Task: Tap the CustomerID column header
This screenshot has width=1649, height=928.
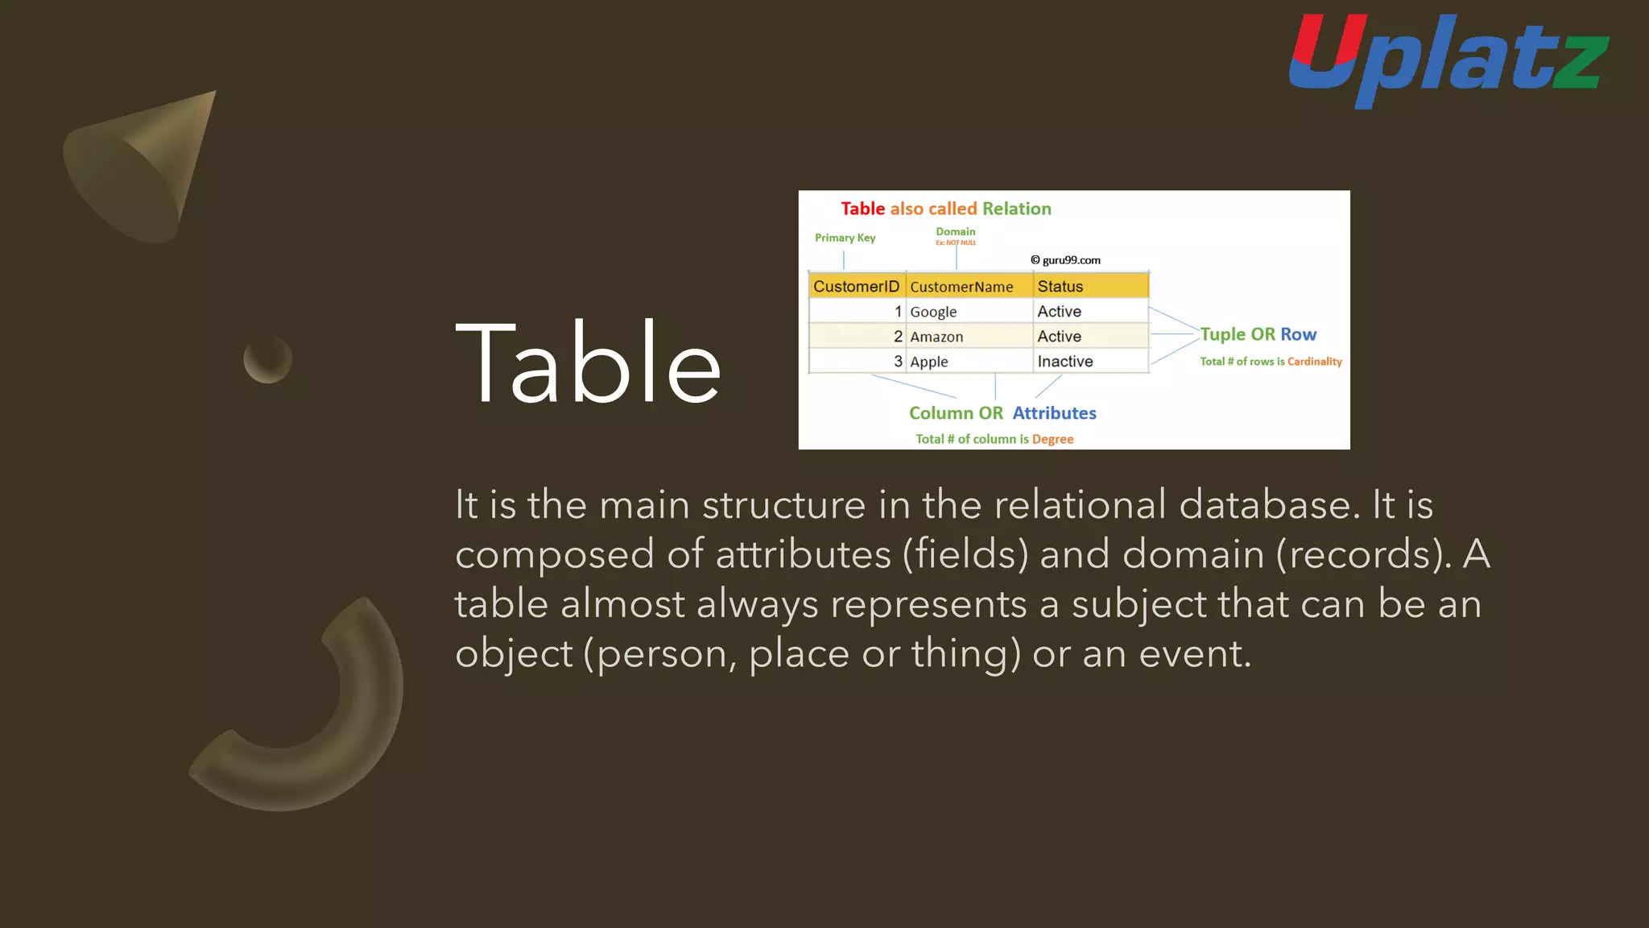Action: tap(856, 286)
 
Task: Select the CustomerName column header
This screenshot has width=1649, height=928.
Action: tap(961, 287)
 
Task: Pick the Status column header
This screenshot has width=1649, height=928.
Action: tap(1060, 286)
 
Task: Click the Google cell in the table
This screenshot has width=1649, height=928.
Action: tap(934, 312)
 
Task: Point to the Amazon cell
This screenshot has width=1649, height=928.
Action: tap(936, 337)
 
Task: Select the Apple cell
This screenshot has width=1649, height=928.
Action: tap(929, 362)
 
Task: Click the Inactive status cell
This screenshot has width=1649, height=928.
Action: tap(1065, 362)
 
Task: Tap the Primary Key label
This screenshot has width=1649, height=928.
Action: tap(845, 238)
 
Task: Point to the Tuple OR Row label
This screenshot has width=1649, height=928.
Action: tap(1258, 334)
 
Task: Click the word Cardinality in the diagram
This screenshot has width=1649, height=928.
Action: tap(1314, 362)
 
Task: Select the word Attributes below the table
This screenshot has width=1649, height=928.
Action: tap(1054, 413)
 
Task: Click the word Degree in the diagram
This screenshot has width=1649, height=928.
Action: tap(1052, 439)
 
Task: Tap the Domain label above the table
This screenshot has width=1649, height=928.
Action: tap(955, 232)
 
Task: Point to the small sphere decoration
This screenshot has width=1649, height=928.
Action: tap(267, 359)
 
